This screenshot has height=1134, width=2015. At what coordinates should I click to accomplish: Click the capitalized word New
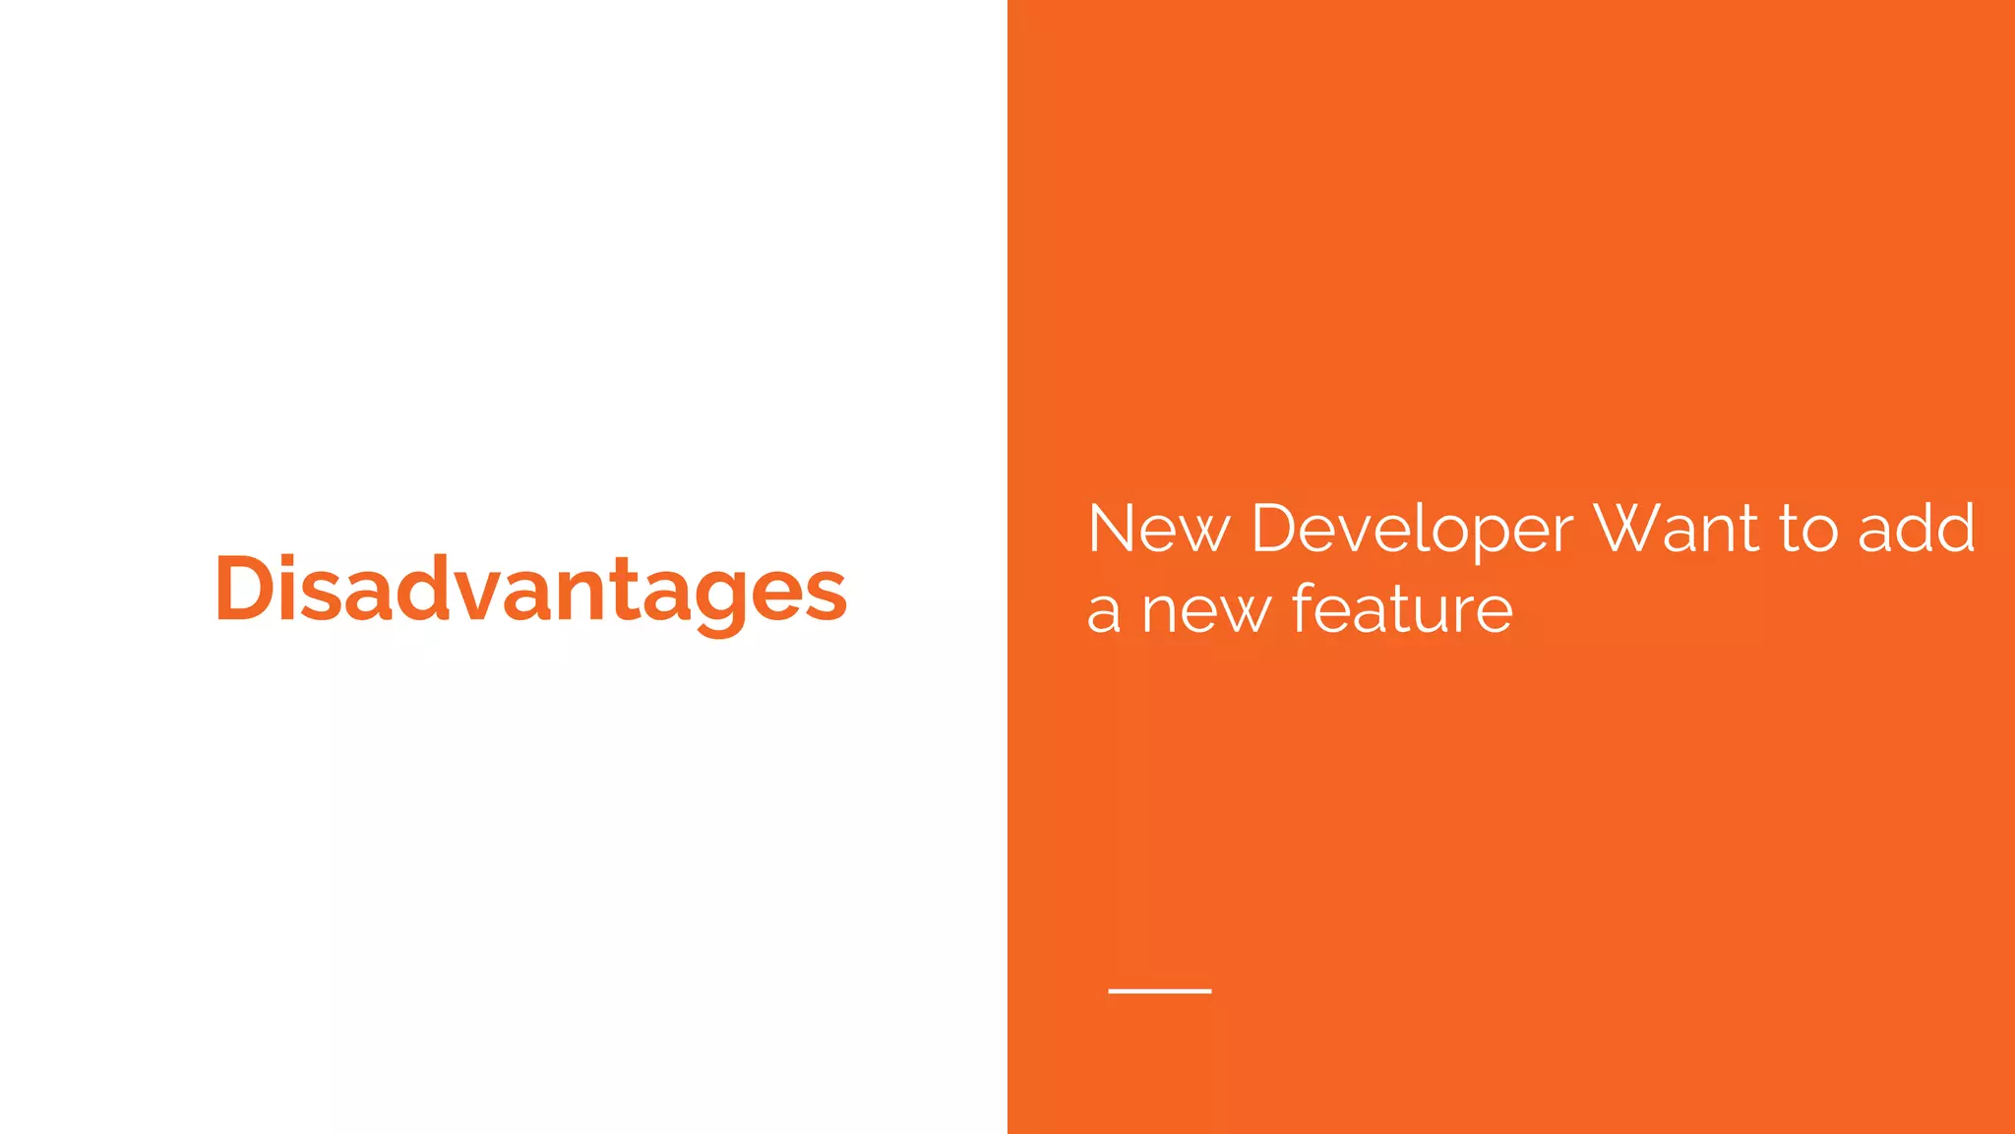click(1159, 529)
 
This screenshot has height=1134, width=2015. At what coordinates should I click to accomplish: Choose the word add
click(1917, 529)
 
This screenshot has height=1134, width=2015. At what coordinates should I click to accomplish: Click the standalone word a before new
click(1103, 612)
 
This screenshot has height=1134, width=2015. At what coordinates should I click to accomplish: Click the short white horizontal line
click(1159, 991)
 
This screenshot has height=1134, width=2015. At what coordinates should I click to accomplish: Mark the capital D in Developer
click(1275, 529)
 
